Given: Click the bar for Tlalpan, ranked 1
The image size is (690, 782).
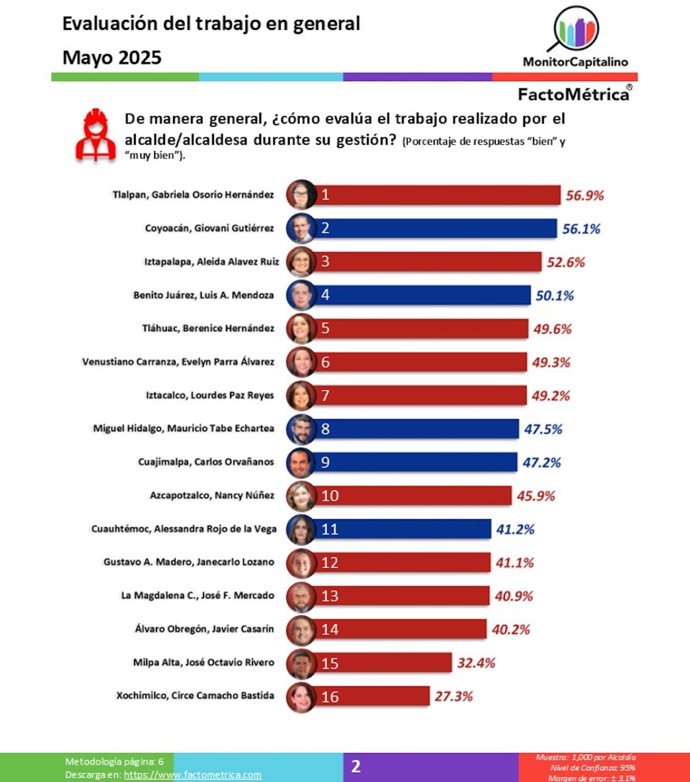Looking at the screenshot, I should [437, 195].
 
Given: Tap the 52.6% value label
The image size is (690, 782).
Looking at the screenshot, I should [566, 262].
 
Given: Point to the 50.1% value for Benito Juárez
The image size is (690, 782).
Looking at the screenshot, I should [554, 295].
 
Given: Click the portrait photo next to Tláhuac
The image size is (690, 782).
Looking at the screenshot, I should [301, 329].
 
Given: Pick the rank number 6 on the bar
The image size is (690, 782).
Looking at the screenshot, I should [325, 362].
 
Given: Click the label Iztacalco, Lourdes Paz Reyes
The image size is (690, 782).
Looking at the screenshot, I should [210, 395].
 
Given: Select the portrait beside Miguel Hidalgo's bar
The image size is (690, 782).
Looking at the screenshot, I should [301, 429].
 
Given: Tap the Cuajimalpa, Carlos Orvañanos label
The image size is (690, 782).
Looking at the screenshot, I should [206, 462].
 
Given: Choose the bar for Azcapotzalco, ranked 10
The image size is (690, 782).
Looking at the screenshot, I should [413, 496].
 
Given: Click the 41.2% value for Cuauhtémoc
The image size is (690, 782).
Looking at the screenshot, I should [515, 529].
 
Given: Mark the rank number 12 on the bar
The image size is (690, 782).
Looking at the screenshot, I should [330, 563].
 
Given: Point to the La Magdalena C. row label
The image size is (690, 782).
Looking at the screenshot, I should [198, 596].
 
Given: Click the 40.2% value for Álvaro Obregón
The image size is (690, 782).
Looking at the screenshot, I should [510, 630].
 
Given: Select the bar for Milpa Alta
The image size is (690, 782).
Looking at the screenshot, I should [383, 663].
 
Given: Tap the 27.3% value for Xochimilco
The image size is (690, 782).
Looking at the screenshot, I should [453, 697].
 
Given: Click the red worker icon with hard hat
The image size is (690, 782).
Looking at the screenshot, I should [96, 135].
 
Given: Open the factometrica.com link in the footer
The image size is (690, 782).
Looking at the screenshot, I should [193, 775].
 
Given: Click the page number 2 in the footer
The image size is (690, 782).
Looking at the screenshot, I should [356, 766].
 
